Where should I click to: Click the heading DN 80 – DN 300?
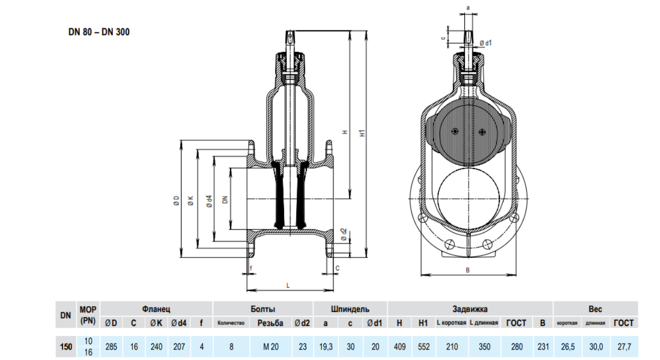[99, 32]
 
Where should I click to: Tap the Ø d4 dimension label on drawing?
[209, 201]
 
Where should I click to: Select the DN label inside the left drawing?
[225, 199]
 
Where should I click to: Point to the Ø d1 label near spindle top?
[486, 43]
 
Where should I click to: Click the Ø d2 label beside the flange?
[344, 235]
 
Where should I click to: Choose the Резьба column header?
[270, 323]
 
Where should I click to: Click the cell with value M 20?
[270, 346]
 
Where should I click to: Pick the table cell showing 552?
[423, 346]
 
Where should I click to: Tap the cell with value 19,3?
[325, 346]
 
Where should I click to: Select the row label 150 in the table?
[66, 346]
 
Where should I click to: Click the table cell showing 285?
[111, 346]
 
